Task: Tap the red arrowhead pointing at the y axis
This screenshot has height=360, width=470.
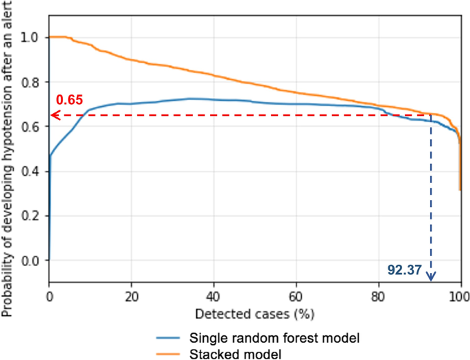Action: pyautogui.click(x=54, y=115)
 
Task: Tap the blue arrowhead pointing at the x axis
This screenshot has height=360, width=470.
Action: pyautogui.click(x=431, y=276)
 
